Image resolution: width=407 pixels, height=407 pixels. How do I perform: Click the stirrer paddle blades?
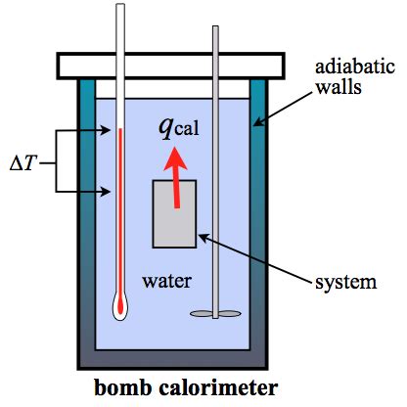pyautogui.click(x=215, y=314)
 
